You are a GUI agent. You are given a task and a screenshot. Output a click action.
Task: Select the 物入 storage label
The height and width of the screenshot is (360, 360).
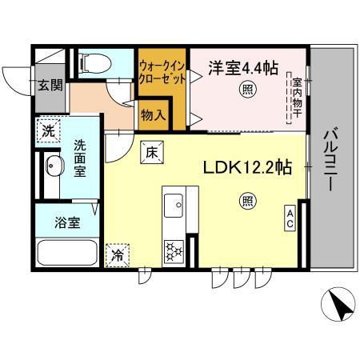click(x=153, y=115)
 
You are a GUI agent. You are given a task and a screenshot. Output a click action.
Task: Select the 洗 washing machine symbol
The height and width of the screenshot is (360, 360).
click(x=49, y=132)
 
